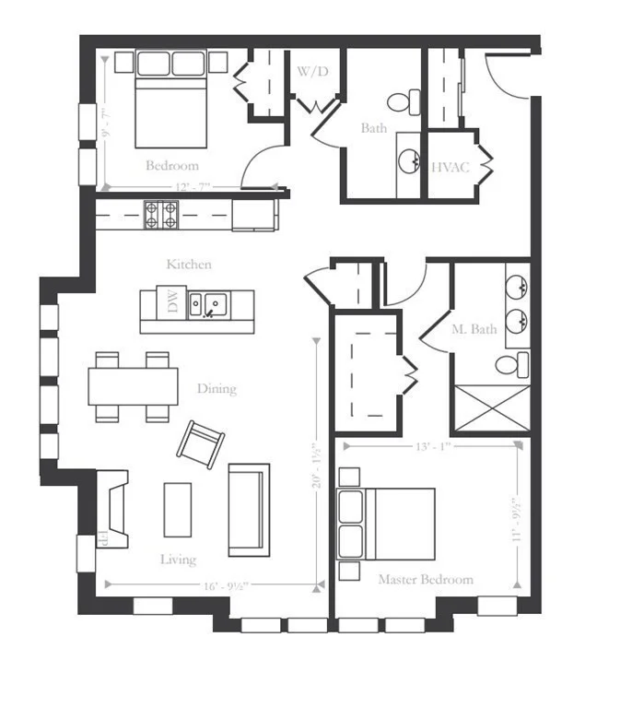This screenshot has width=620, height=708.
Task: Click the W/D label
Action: [309, 71]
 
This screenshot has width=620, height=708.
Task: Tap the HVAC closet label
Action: [450, 167]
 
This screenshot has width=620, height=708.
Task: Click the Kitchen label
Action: [189, 265]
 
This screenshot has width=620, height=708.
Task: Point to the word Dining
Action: [216, 388]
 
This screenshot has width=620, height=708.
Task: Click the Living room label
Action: [178, 560]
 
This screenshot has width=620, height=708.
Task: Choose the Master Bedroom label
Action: [426, 580]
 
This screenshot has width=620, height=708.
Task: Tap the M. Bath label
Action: [474, 329]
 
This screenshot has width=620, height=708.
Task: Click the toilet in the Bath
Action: [403, 100]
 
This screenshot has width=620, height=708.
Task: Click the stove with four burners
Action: [160, 215]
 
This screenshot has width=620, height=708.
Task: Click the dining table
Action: [134, 386]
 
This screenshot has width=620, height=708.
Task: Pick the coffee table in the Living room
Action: [178, 509]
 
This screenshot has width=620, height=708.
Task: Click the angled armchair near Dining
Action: [201, 444]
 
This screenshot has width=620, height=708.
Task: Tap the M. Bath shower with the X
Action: [490, 407]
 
